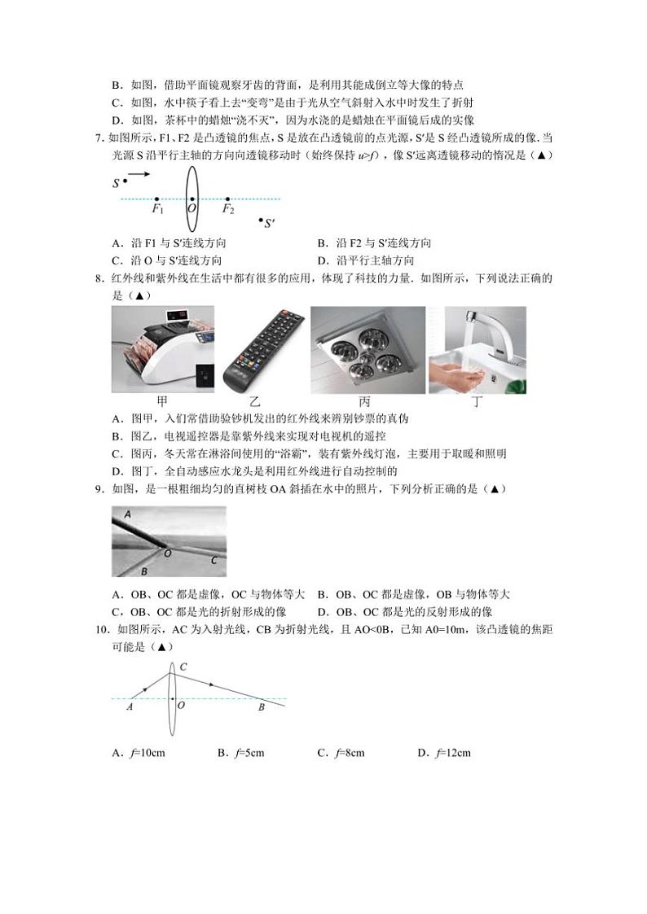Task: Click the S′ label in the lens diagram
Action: click(268, 222)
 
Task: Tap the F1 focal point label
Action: click(158, 209)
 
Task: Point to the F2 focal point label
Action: click(228, 209)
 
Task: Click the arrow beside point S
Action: click(139, 174)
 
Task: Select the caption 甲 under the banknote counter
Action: click(162, 401)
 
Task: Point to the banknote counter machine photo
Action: click(162, 350)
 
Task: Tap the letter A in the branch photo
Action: click(126, 514)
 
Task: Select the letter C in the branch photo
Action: click(213, 560)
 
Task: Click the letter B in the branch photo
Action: click(143, 571)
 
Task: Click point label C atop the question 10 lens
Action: click(183, 667)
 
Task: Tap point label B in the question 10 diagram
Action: click(261, 708)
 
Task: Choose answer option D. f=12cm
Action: click(443, 753)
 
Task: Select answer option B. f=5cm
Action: click(240, 753)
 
